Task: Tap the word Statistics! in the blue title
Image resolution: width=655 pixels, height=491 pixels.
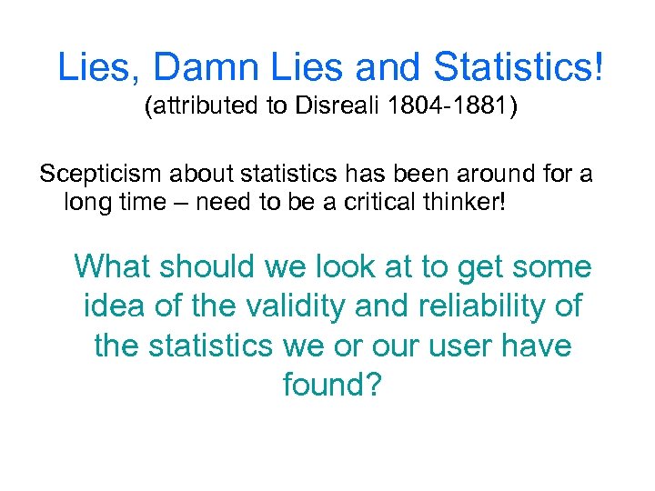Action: tap(519, 67)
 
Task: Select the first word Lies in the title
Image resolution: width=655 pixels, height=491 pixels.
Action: tap(96, 67)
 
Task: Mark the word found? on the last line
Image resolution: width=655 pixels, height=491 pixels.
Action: tap(332, 386)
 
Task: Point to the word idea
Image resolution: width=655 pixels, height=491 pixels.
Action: tap(113, 306)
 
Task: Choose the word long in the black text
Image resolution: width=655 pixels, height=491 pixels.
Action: tap(86, 201)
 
